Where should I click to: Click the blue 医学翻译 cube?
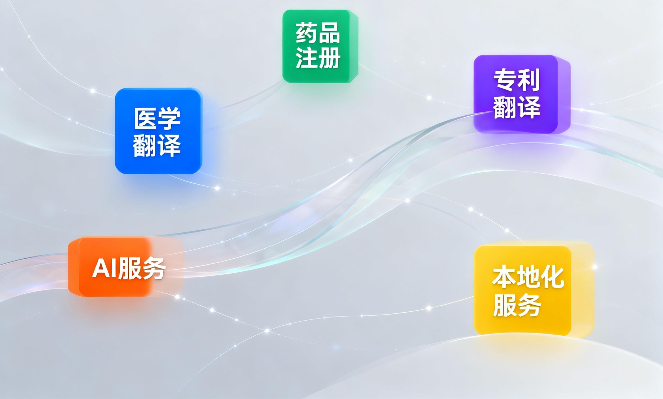[x=158, y=131]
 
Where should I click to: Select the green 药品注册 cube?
[x=320, y=46]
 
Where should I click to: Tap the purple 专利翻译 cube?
[x=522, y=94]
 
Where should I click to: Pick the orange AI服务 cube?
[x=126, y=267]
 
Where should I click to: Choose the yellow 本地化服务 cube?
[x=534, y=289]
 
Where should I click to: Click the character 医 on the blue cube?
[x=145, y=118]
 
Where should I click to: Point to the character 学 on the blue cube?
[x=169, y=118]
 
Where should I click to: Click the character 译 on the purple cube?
[x=528, y=107]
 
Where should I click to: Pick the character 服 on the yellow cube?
[x=504, y=305]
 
